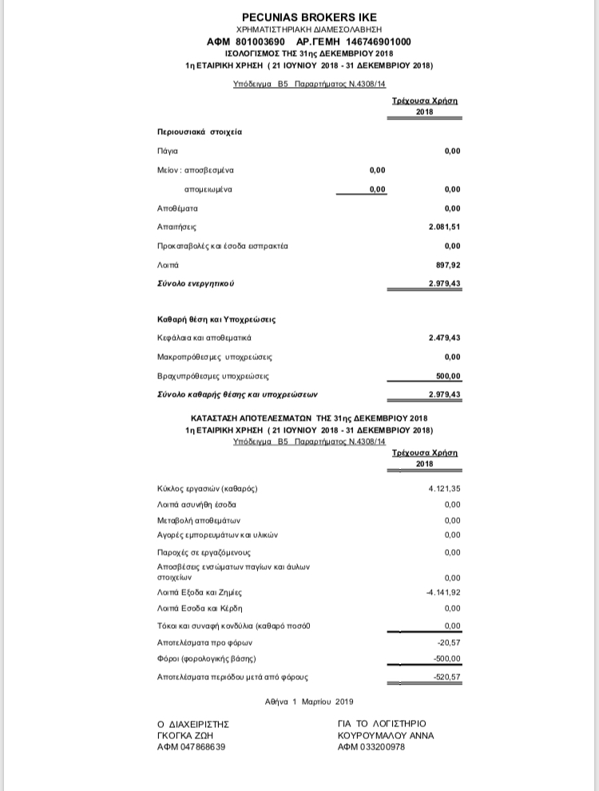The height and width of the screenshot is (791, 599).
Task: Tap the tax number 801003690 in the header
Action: coord(259,42)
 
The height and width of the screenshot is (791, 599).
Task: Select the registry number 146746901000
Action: coord(372,42)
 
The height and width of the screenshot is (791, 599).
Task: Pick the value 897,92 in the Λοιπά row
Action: coord(449,264)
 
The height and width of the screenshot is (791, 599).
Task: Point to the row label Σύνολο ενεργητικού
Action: coord(196,283)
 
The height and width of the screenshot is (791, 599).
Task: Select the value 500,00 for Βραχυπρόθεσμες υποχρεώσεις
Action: coord(449,376)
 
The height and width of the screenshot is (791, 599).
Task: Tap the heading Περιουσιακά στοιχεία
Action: coord(200,131)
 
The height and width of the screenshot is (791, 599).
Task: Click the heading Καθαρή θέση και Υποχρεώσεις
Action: coord(216,319)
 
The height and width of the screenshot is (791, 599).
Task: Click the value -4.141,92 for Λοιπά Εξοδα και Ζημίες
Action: coord(443,592)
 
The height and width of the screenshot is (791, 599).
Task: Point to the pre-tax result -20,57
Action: coord(450,642)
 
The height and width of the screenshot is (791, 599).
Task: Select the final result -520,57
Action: coord(447,677)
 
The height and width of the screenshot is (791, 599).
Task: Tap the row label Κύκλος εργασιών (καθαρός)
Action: coord(208,488)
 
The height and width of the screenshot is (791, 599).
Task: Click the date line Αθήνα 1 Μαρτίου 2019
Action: coord(308,702)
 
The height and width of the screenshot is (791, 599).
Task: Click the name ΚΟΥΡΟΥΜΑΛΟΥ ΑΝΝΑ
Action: coord(387,735)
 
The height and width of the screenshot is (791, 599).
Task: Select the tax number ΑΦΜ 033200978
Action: coord(371,747)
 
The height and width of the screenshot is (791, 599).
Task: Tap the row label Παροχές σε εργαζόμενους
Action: coord(204,552)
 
